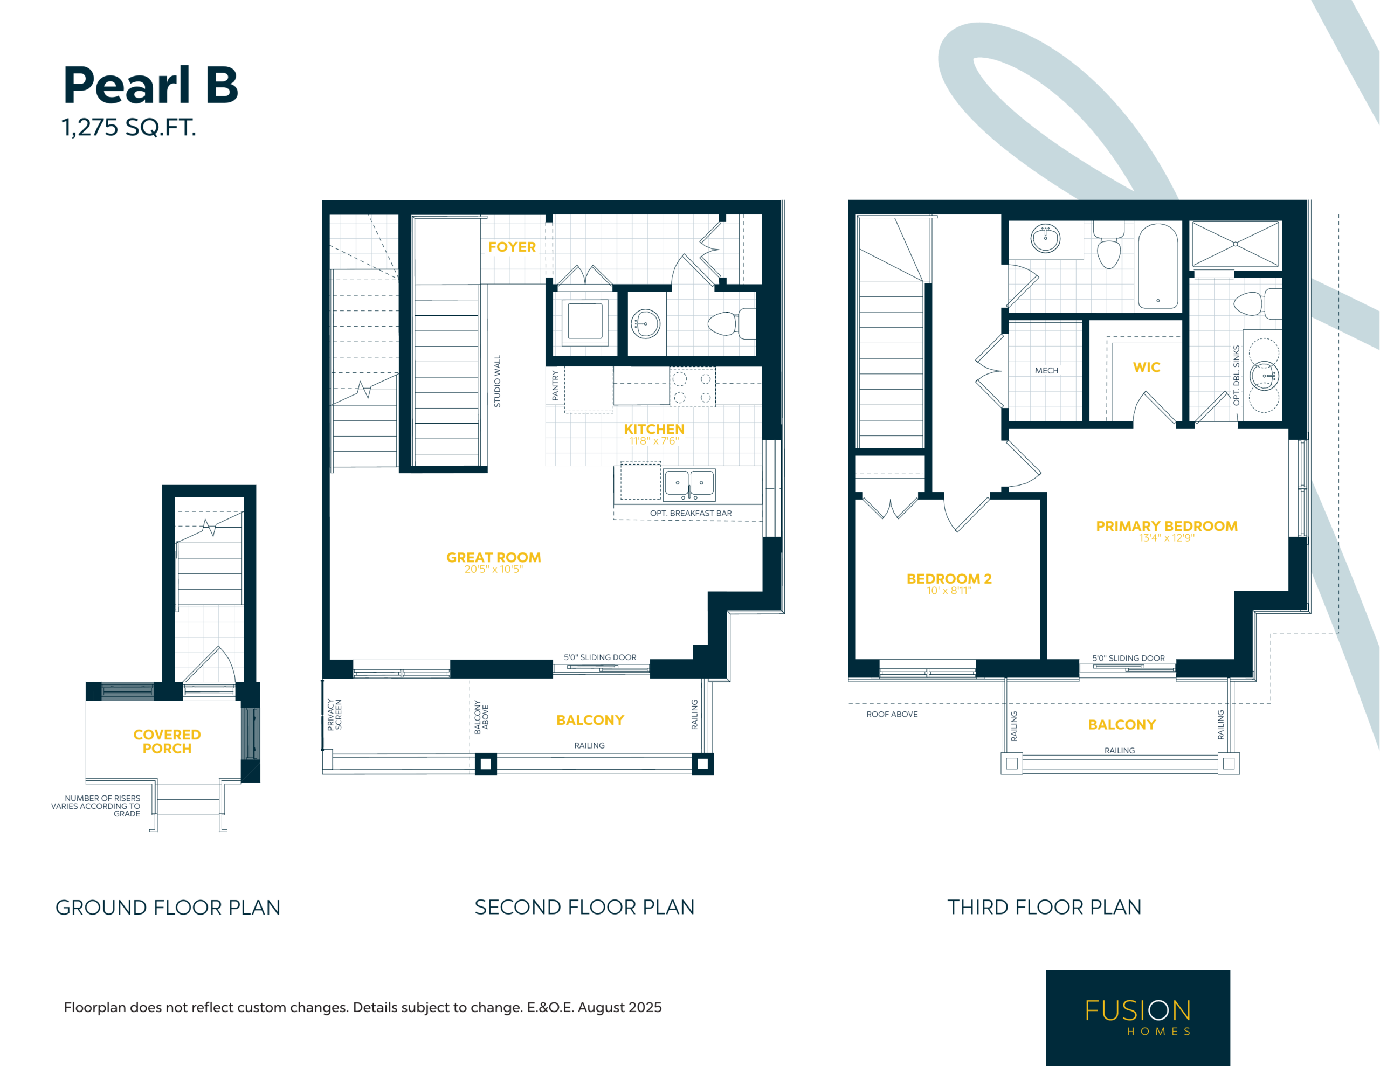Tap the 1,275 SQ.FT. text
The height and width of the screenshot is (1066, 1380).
129,128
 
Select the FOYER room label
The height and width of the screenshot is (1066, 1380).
512,247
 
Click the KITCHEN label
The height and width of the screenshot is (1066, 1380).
654,429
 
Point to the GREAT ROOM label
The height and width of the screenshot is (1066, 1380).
493,557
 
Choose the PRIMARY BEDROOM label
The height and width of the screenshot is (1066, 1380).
1167,526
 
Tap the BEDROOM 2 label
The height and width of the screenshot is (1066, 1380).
949,579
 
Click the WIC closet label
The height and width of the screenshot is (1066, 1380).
1146,368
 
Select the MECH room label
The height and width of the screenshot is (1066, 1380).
1046,371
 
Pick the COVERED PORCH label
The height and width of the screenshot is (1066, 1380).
167,741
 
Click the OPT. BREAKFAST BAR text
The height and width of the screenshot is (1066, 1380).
691,513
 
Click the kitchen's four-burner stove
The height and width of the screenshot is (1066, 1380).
693,387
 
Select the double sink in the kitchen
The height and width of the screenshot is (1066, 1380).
689,484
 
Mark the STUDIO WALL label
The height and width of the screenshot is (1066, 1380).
497,381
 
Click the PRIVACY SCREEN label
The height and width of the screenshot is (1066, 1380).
334,715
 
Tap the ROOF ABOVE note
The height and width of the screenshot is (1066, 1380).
892,714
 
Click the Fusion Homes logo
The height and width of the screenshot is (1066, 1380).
1137,1017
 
